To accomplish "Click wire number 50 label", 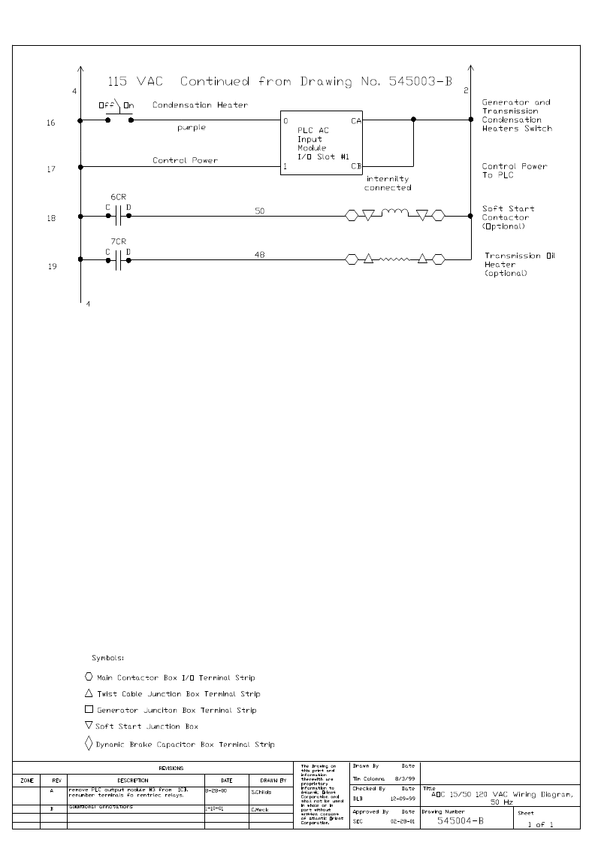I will coord(259,211).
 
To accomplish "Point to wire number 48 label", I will coord(259,255).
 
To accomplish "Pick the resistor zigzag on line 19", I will coord(395,260).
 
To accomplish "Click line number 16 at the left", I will coord(51,123).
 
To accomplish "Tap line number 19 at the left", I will coord(51,265).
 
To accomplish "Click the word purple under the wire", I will coord(191,128).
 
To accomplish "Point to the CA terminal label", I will coord(355,121).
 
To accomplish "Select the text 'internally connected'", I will coord(388,183).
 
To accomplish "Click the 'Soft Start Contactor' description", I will coord(508,217).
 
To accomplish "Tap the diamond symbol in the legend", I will coord(89,744).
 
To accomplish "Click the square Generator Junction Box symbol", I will coord(89,710).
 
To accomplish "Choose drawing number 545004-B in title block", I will coord(460,821).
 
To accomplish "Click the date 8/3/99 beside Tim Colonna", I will coord(406,778).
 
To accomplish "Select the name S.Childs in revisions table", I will coord(263,792).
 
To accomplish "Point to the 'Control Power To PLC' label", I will coord(514,171).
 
